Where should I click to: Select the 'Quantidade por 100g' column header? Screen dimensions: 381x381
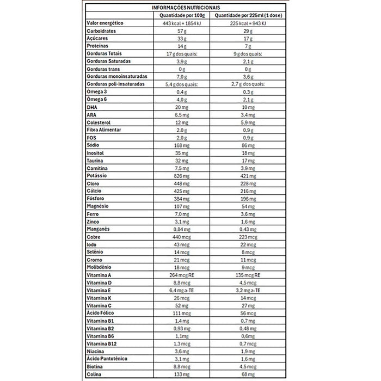click(181, 16)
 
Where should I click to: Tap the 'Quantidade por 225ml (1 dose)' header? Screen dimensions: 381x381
click(248, 16)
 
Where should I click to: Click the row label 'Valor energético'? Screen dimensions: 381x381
click(106, 23)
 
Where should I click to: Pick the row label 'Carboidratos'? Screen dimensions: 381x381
click(102, 32)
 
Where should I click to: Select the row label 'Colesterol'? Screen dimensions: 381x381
click(99, 123)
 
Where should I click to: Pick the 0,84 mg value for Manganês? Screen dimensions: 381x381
click(181, 230)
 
